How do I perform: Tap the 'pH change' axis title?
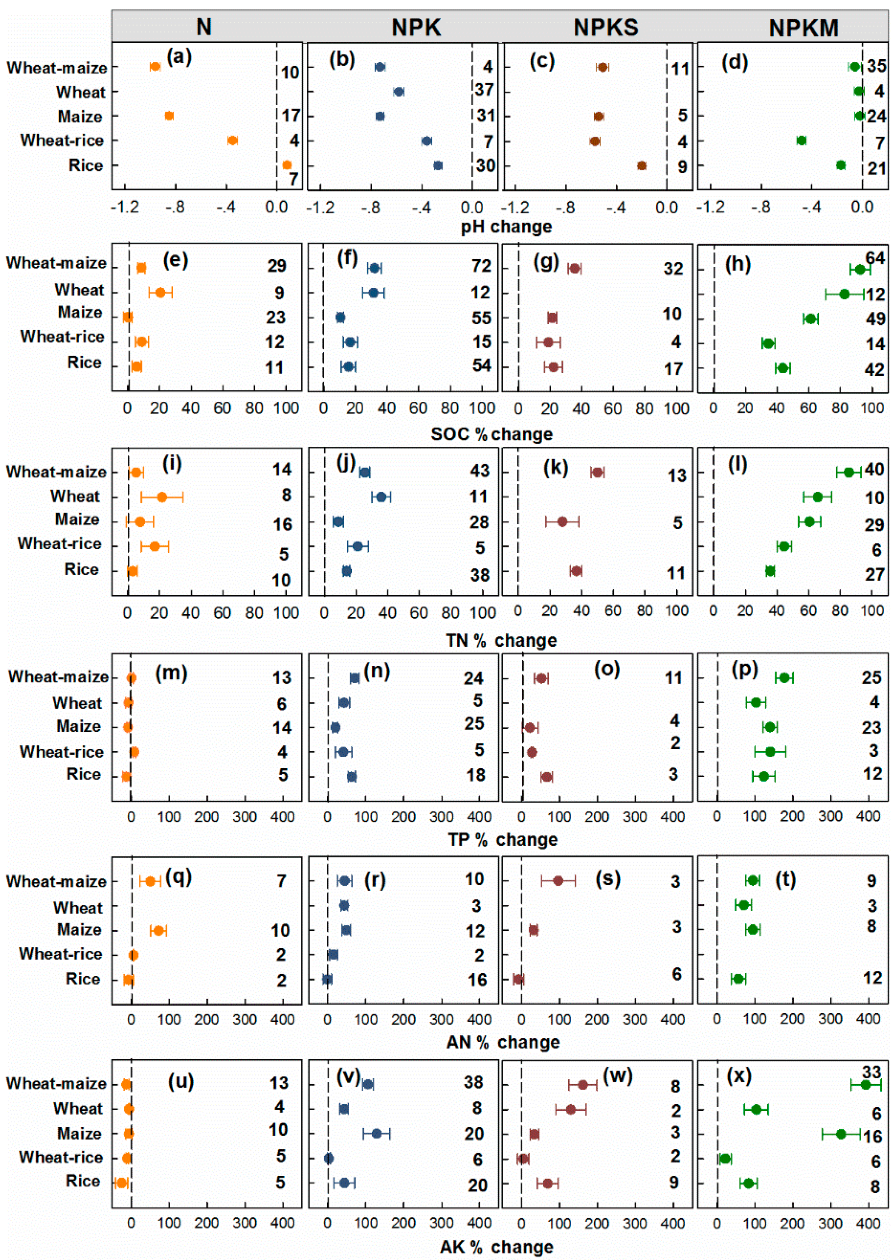point(506,227)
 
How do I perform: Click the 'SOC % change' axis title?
point(491,434)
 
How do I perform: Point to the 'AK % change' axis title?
point(496,1246)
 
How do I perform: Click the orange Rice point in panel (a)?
point(287,165)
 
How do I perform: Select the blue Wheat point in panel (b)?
point(398,91)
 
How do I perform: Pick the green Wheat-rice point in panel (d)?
point(801,140)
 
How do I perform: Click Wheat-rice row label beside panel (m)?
point(61,752)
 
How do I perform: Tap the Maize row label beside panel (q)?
point(79,930)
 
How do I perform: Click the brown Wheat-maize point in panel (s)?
point(558,881)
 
